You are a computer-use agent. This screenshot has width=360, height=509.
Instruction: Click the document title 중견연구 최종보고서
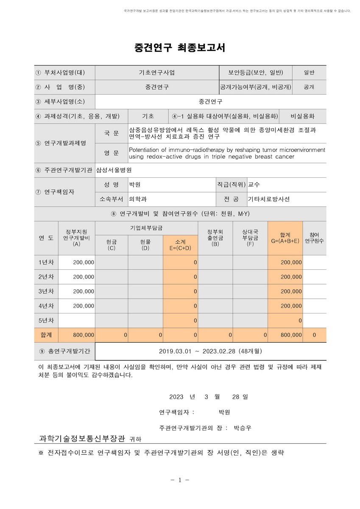pos(180,48)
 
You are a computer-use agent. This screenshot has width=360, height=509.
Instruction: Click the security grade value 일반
pos(309,72)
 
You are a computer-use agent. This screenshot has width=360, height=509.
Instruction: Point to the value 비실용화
pos(302,116)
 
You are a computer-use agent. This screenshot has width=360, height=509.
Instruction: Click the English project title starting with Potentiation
pos(227,153)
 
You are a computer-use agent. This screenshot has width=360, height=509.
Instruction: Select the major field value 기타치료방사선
pos(269,199)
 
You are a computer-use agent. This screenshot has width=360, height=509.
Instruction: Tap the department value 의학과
pos(138,199)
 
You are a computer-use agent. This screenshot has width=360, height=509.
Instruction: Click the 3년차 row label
pos(46,291)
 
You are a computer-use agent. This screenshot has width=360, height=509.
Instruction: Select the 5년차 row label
pos(46,320)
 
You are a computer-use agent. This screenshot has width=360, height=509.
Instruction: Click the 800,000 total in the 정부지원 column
pos(83,335)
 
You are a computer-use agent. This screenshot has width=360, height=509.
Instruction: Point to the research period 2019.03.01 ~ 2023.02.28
pos(211,351)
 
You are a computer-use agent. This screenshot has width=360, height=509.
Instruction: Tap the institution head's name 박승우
pos(243,428)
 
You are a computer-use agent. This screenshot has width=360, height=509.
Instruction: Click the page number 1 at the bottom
pos(179,480)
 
